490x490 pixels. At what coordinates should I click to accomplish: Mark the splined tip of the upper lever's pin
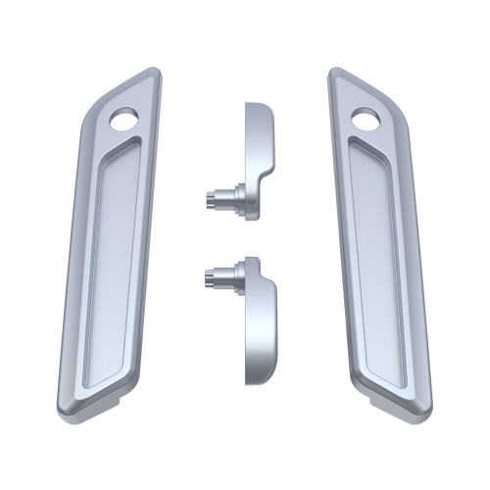pos(210,198)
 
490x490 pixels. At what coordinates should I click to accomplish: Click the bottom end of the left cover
pos(93,407)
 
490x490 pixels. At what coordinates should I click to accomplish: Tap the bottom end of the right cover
pos(397,407)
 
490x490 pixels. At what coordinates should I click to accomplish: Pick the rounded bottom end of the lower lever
pos(257,375)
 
